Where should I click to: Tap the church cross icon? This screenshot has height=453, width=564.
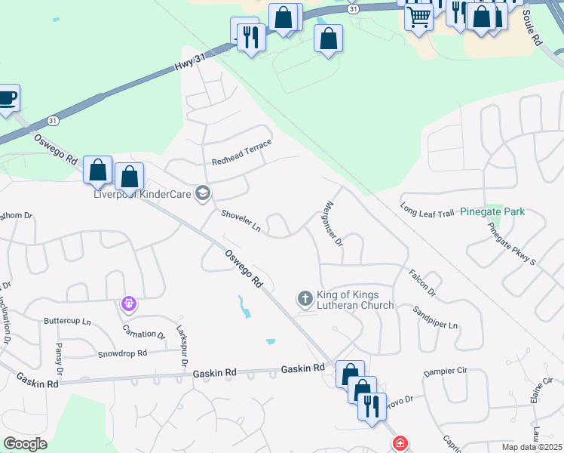click(x=305, y=299)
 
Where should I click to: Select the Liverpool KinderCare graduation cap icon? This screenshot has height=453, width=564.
click(x=202, y=194)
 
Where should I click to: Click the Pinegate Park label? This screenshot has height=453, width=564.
click(x=492, y=211)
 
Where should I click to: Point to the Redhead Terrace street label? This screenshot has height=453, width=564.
click(x=241, y=152)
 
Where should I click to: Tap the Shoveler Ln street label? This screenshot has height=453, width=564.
click(x=241, y=221)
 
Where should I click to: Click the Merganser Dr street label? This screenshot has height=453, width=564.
click(x=333, y=223)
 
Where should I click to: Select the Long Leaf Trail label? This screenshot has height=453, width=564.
click(x=427, y=209)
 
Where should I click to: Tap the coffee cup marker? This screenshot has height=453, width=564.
click(x=6, y=98)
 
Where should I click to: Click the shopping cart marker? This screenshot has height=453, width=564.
click(x=418, y=17)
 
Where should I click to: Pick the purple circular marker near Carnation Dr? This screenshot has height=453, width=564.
click(x=129, y=304)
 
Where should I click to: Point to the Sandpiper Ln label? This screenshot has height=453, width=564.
click(x=436, y=319)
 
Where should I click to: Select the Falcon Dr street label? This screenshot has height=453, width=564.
click(x=422, y=282)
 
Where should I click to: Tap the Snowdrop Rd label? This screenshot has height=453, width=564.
click(x=121, y=353)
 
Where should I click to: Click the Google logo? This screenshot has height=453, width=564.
click(x=25, y=443)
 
